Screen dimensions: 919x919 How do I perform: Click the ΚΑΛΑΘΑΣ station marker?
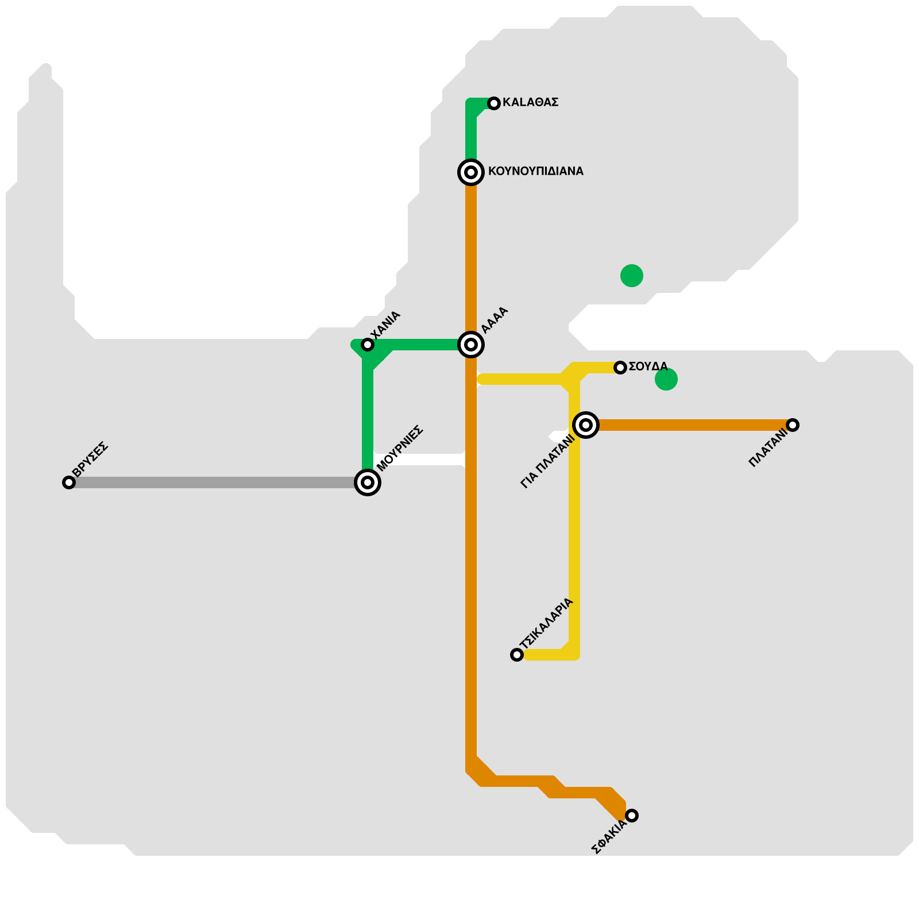pos(494,103)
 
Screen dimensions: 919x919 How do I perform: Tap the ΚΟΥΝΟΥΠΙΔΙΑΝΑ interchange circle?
pos(471,172)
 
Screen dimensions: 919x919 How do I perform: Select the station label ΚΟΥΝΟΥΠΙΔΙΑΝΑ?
pos(535,171)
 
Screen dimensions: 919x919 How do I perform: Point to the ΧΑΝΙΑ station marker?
pos(368,345)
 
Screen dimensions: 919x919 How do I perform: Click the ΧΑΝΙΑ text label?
pos(385,326)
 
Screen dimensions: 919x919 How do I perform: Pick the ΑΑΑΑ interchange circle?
pos(471,345)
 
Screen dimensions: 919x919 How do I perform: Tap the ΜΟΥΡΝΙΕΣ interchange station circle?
pos(368,482)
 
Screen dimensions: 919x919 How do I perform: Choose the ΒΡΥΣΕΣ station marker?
pos(69,482)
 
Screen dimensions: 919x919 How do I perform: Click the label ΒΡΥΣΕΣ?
pos(90,457)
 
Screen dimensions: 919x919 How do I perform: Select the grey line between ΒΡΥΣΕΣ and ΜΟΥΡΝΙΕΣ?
pos(218,482)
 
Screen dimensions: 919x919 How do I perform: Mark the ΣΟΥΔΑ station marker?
pos(620,368)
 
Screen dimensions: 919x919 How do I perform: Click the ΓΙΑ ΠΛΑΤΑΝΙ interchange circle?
pos(586,425)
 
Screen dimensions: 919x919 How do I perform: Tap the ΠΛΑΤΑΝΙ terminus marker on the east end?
pos(793,425)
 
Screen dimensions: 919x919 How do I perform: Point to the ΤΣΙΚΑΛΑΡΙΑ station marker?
pos(517,655)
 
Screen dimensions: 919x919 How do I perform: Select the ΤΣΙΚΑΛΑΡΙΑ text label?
pos(546,624)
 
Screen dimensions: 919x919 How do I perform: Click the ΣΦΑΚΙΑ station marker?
pos(632,816)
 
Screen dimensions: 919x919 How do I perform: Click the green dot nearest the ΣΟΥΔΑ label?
pos(666,379)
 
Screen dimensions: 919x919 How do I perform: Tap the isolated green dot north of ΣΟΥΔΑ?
pos(632,276)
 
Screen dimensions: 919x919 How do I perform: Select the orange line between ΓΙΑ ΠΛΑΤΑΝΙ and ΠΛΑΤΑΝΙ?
pos(689,425)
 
